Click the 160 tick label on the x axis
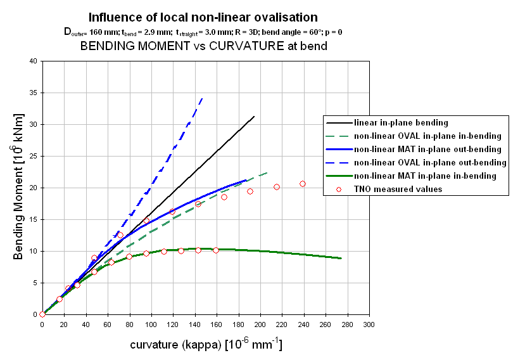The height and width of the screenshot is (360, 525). [x=217, y=325]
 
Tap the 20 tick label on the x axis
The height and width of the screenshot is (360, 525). [x=64, y=325]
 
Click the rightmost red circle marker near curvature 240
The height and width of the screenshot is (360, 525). [x=303, y=184]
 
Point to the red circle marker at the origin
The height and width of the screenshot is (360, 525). [x=42, y=314]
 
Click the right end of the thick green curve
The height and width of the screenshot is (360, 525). [x=341, y=258]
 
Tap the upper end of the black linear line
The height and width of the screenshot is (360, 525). [x=254, y=116]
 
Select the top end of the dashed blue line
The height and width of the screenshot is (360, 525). [x=202, y=97]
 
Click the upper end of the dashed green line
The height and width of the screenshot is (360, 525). [x=267, y=172]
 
